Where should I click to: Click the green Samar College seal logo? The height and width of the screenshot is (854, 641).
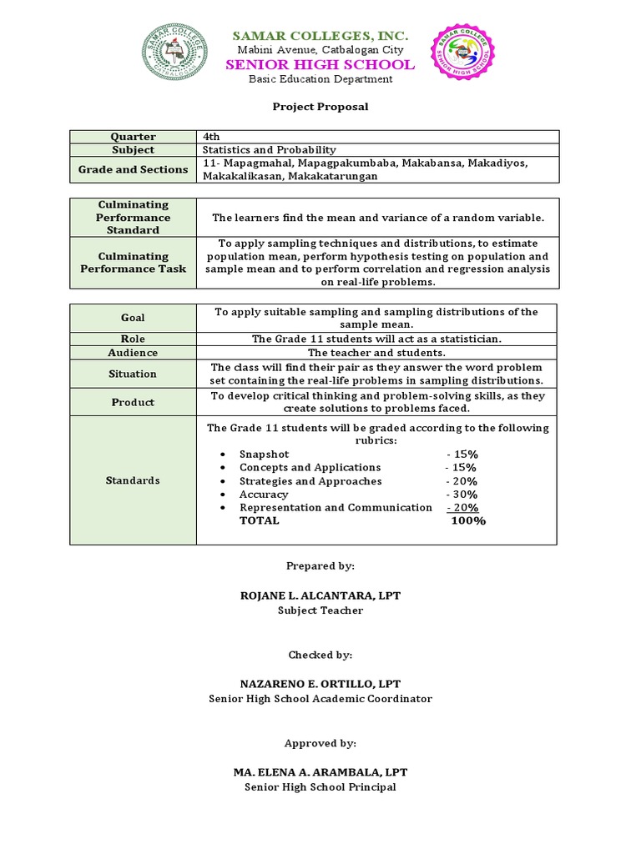click(179, 53)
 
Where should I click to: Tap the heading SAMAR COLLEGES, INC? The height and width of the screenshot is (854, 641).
click(320, 36)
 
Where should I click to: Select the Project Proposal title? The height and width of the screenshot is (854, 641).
click(320, 107)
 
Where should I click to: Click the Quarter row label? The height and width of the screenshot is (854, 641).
click(134, 137)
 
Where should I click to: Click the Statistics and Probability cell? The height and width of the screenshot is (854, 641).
click(269, 150)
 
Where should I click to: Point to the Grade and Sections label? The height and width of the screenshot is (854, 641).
click(134, 169)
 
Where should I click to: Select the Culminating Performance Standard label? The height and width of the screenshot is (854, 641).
click(134, 217)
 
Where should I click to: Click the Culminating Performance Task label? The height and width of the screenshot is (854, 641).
click(134, 263)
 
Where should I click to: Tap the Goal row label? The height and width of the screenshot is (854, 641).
click(134, 318)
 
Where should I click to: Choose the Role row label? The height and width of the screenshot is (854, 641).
click(134, 339)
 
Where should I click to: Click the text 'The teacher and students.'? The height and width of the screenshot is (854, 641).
click(376, 353)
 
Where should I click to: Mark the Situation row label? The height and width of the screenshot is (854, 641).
click(134, 374)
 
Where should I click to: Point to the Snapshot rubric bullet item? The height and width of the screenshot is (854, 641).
click(264, 455)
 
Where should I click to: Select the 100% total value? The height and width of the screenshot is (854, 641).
click(467, 520)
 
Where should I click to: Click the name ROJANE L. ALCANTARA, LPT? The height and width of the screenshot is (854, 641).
click(320, 595)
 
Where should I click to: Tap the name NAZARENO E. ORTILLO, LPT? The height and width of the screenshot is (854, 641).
click(320, 685)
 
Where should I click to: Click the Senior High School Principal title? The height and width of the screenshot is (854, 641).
click(320, 787)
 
